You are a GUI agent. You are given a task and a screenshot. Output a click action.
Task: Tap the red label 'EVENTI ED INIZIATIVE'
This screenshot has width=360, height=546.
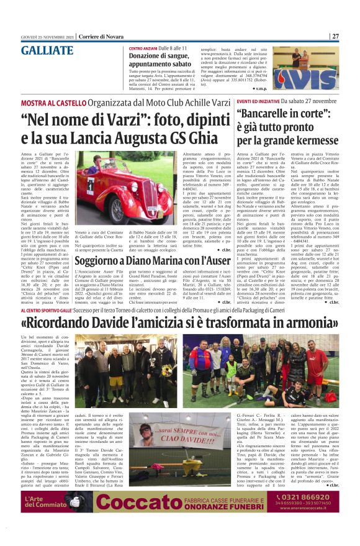(x=257, y=100)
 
